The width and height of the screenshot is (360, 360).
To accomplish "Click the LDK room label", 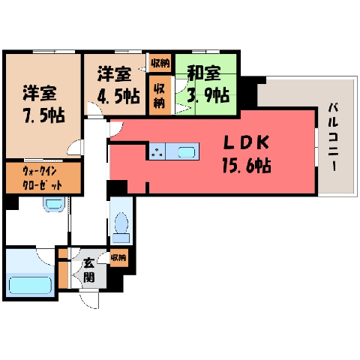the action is (x=246, y=142).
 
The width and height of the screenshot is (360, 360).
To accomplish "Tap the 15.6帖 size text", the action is (x=247, y=165).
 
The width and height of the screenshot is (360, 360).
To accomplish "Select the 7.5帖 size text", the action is (x=44, y=115).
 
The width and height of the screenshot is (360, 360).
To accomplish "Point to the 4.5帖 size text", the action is (x=118, y=96).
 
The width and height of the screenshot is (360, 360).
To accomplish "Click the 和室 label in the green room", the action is (x=204, y=73).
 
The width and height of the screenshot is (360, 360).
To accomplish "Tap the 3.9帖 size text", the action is (x=208, y=94).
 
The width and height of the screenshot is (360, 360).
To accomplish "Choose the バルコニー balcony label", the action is (x=334, y=137).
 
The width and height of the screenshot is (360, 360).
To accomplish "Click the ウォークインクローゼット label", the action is (x=42, y=178).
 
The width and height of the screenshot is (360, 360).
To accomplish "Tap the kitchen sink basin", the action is (x=187, y=152).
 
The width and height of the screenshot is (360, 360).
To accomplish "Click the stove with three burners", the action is (x=157, y=151).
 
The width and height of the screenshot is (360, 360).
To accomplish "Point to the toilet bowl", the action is (x=121, y=223).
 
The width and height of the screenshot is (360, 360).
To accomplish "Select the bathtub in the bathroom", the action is (x=30, y=285).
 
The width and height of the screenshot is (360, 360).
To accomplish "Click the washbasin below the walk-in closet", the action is (x=54, y=204).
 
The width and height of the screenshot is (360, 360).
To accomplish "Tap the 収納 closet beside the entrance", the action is (x=118, y=257).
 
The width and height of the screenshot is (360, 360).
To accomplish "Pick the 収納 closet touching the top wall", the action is (x=160, y=63).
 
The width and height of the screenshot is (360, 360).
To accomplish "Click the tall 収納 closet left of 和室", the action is (x=160, y=95).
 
